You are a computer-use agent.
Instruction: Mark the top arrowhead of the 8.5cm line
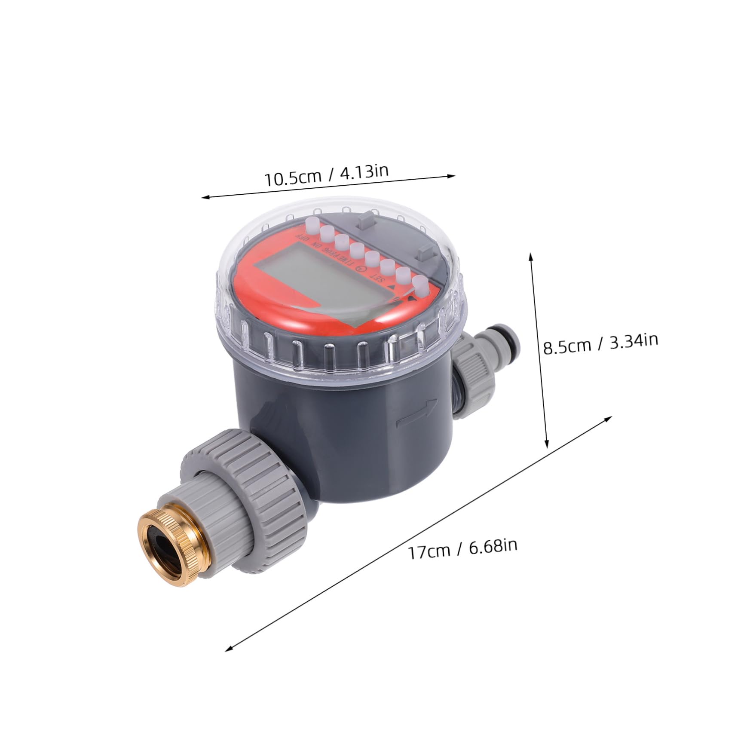tap(531, 255)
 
